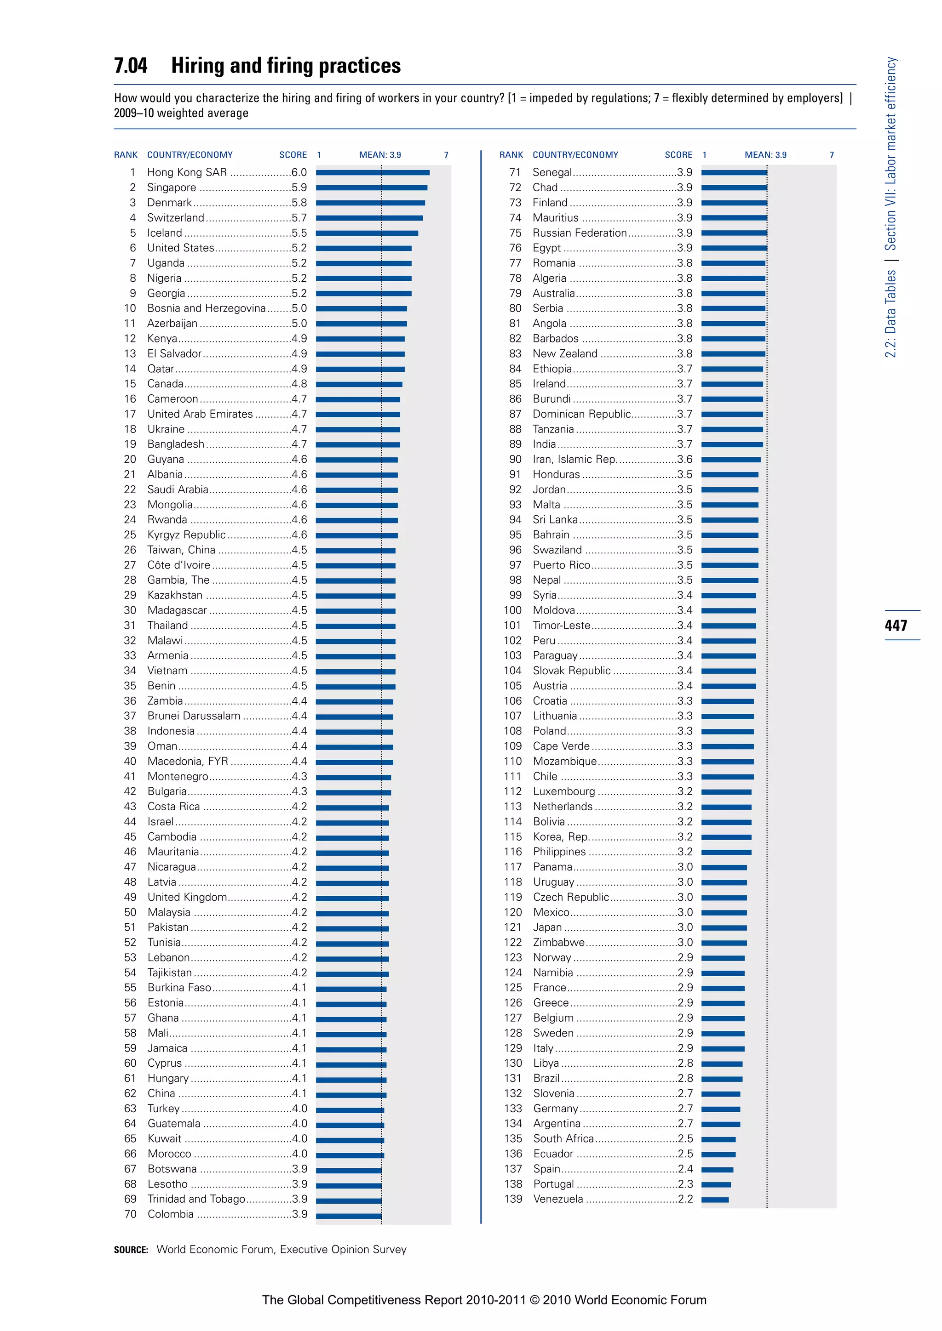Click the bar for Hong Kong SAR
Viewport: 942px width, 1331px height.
tap(373, 173)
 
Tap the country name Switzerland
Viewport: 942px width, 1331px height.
tap(175, 218)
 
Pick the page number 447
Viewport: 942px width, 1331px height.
tap(896, 626)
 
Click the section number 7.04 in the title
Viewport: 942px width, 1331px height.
tap(131, 66)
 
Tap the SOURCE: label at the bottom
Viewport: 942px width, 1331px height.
tap(131, 1250)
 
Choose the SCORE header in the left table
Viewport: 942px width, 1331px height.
tap(293, 155)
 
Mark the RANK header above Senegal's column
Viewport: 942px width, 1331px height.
tap(511, 155)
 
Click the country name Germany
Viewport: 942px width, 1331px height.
tap(555, 1109)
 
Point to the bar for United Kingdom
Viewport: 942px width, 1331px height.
tap(352, 898)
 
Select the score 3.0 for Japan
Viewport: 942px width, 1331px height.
tap(685, 927)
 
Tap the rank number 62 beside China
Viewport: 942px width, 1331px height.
tap(130, 1094)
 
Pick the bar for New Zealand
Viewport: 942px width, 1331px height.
tap(733, 353)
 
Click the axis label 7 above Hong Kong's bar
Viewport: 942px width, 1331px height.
tap(446, 155)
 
